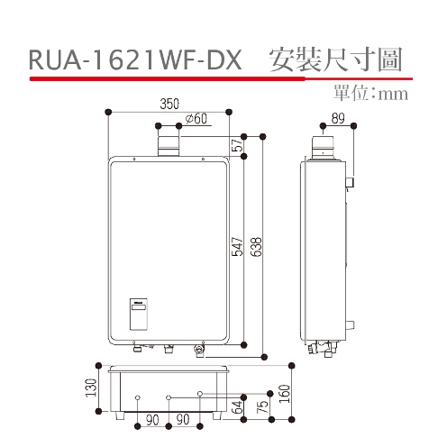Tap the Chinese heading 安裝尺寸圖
click(x=333, y=60)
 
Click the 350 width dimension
click(x=169, y=105)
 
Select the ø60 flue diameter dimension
click(x=195, y=119)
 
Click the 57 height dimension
click(x=236, y=146)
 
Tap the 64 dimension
click(x=236, y=406)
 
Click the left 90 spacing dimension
click(x=153, y=421)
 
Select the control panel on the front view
click(x=142, y=313)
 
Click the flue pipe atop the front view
click(x=169, y=144)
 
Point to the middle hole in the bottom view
click(x=169, y=397)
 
